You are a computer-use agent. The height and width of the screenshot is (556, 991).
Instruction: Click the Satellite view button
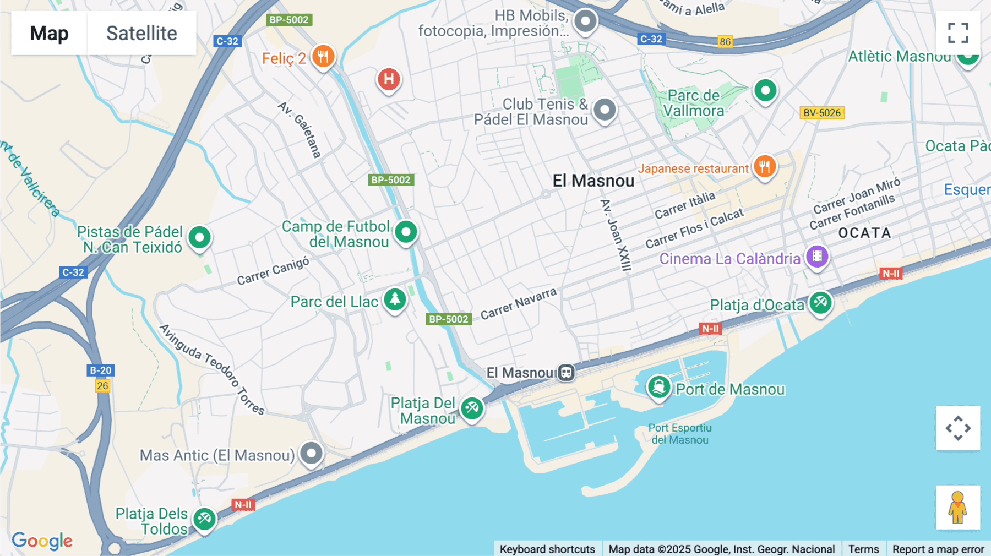coord(141,33)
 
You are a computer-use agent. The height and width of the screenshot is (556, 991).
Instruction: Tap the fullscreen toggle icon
coord(958,33)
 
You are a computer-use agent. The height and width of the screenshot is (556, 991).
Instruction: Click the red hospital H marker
coord(389,79)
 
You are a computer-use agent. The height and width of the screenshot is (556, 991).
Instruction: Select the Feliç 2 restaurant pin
coord(323,56)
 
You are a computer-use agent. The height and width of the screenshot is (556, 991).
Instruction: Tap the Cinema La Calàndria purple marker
coord(817,257)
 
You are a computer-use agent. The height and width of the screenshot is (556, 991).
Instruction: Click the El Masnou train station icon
coord(566,373)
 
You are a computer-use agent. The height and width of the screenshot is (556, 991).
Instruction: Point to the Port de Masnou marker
coord(658,387)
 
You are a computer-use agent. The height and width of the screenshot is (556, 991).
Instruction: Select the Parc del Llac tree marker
coord(395,299)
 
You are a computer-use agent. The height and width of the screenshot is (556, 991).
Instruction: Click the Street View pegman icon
coord(958,508)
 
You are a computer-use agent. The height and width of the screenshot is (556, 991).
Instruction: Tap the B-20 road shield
coord(101,370)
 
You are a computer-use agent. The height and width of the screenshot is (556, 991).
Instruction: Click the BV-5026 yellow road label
coord(821,113)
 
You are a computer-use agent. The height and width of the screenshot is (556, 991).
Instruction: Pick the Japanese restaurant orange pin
coord(764,166)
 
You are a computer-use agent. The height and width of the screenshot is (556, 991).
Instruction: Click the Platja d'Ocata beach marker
coord(820,303)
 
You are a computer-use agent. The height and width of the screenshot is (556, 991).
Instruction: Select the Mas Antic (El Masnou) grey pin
coord(312,454)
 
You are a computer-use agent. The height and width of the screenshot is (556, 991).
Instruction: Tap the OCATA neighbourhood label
coord(864,233)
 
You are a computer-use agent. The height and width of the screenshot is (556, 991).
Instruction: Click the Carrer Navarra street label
coord(518,304)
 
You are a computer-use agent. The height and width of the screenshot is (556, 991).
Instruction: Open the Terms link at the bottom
coord(863,549)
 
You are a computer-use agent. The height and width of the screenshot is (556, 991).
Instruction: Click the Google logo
coord(42,541)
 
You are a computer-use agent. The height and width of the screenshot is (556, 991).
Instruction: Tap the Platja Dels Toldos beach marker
coord(204,519)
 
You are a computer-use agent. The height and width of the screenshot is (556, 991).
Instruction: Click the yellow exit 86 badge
coord(725,42)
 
